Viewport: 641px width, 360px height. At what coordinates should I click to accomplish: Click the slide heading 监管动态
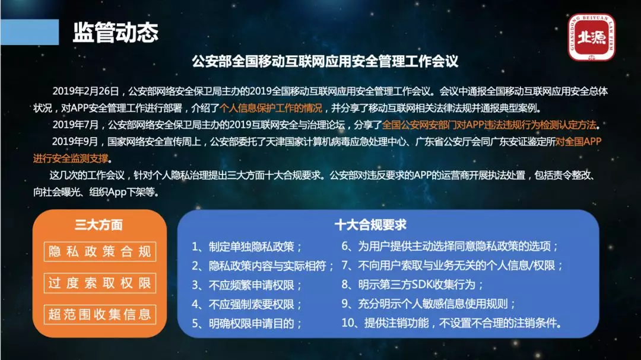(x=115, y=32)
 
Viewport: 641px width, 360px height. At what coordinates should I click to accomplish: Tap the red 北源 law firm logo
(x=591, y=37)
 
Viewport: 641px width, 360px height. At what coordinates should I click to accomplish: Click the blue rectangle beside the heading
(x=30, y=32)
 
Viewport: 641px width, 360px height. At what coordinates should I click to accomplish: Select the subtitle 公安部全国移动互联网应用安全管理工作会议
(x=325, y=61)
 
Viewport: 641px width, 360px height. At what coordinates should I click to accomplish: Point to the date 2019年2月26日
(x=85, y=91)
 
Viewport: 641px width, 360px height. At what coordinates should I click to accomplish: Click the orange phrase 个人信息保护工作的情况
(x=271, y=109)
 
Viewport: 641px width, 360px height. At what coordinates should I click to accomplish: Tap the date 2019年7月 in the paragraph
(x=75, y=125)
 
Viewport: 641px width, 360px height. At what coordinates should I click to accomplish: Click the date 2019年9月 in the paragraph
(x=75, y=142)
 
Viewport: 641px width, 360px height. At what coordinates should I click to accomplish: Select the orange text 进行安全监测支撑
(x=71, y=158)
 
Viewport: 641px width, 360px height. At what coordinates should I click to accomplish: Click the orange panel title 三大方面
(x=99, y=225)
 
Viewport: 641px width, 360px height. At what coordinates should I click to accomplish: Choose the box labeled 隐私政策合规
(x=100, y=251)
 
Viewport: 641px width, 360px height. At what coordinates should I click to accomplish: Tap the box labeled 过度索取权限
(x=100, y=283)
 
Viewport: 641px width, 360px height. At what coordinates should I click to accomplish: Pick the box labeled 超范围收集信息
(x=100, y=314)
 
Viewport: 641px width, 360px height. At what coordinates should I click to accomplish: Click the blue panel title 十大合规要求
(x=370, y=225)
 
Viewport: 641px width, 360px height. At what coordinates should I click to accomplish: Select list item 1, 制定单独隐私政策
(x=247, y=247)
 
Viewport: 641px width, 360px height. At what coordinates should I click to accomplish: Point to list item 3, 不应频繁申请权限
(x=247, y=285)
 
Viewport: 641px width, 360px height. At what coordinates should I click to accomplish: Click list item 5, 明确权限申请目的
(x=247, y=324)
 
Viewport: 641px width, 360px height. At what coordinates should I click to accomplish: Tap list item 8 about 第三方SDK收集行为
(x=412, y=285)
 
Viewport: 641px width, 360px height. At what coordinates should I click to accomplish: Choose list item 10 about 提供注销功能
(x=451, y=323)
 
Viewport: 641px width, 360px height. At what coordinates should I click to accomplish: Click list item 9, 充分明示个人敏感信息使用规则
(x=429, y=304)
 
